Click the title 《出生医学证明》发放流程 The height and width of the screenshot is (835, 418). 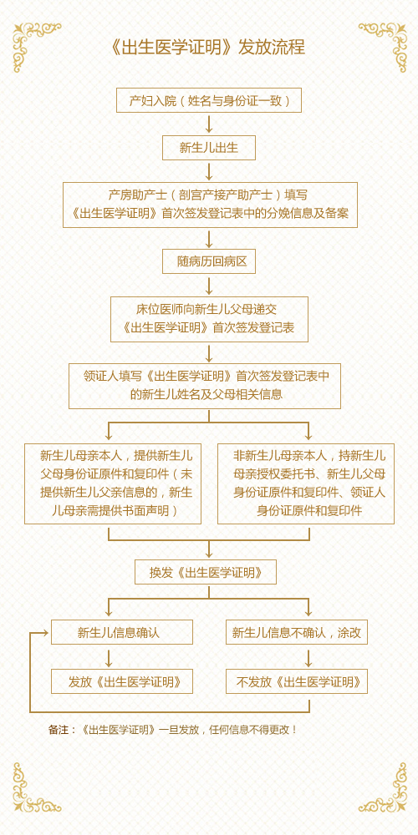[208, 48]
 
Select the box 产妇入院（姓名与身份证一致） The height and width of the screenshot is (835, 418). [209, 100]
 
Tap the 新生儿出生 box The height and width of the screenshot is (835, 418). [209, 148]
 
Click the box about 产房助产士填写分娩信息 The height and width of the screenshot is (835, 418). [210, 205]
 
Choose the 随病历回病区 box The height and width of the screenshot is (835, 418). [209, 261]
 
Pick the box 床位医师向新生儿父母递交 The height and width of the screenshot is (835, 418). [210, 319]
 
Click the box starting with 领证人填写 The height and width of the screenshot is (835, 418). [205, 386]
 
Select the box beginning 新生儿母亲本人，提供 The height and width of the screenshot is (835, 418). [113, 483]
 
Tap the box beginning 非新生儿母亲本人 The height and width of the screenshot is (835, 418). [306, 483]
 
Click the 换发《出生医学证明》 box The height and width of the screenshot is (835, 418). [206, 572]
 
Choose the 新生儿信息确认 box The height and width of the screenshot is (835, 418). [122, 632]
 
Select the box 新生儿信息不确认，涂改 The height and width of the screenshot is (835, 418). [297, 632]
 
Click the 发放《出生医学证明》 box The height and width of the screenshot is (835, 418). [122, 681]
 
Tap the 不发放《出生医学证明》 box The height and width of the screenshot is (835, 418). [297, 681]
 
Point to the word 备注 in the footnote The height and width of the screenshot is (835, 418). [59, 730]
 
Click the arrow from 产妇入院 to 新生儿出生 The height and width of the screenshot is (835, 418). [209, 124]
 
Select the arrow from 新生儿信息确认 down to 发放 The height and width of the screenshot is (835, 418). [109, 657]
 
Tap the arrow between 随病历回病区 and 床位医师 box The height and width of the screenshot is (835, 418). [209, 286]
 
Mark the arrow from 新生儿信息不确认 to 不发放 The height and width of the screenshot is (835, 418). [308, 657]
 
